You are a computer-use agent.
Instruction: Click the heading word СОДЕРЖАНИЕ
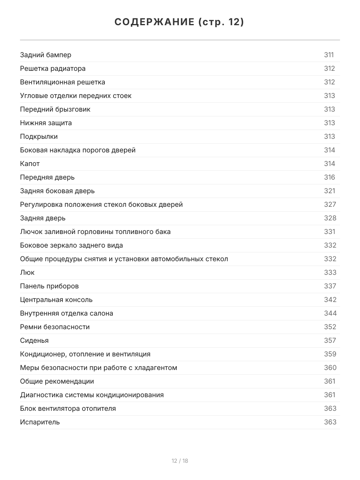[154, 22]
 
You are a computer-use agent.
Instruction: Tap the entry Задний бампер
[46, 55]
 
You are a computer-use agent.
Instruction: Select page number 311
[329, 55]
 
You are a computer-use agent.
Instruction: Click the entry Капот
[30, 164]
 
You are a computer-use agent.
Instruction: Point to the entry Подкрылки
[39, 136]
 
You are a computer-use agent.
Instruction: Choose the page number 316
[330, 177]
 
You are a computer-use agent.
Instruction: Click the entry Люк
[27, 272]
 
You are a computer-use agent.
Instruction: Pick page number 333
[330, 272]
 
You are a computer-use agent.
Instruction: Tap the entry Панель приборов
[49, 286]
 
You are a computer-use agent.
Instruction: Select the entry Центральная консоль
[56, 300]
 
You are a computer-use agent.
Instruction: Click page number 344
[330, 313]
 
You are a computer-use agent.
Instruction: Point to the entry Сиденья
[34, 340]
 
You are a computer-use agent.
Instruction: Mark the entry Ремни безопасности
[55, 327]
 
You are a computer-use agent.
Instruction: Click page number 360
[330, 368]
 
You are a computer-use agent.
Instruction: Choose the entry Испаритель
[40, 422]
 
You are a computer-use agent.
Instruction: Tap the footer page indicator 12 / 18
[180, 461]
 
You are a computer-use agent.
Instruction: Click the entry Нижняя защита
[46, 123]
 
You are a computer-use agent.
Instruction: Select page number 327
[330, 204]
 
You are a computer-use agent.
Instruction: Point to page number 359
[330, 354]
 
